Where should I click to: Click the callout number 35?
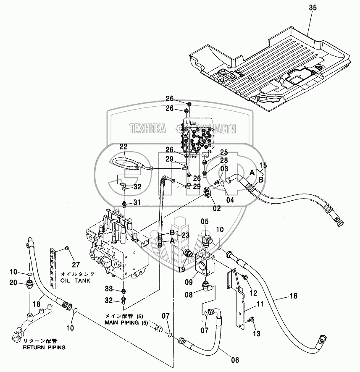click(x=313, y=8)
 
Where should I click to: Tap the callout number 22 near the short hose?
click(x=124, y=147)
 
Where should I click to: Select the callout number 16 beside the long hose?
click(x=293, y=296)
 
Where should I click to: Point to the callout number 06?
click(x=235, y=360)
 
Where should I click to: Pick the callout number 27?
click(x=76, y=264)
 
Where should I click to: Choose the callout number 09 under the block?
click(x=189, y=282)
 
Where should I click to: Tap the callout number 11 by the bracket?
click(x=260, y=304)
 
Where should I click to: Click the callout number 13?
click(x=257, y=333)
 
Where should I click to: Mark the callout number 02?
click(x=217, y=208)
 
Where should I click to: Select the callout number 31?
click(x=137, y=202)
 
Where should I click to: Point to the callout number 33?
click(x=109, y=288)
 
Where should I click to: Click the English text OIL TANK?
click(x=75, y=280)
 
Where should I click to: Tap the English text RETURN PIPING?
click(x=44, y=347)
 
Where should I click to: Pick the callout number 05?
click(x=205, y=221)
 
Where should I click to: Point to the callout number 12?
click(x=253, y=293)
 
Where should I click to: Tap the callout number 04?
click(x=230, y=200)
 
